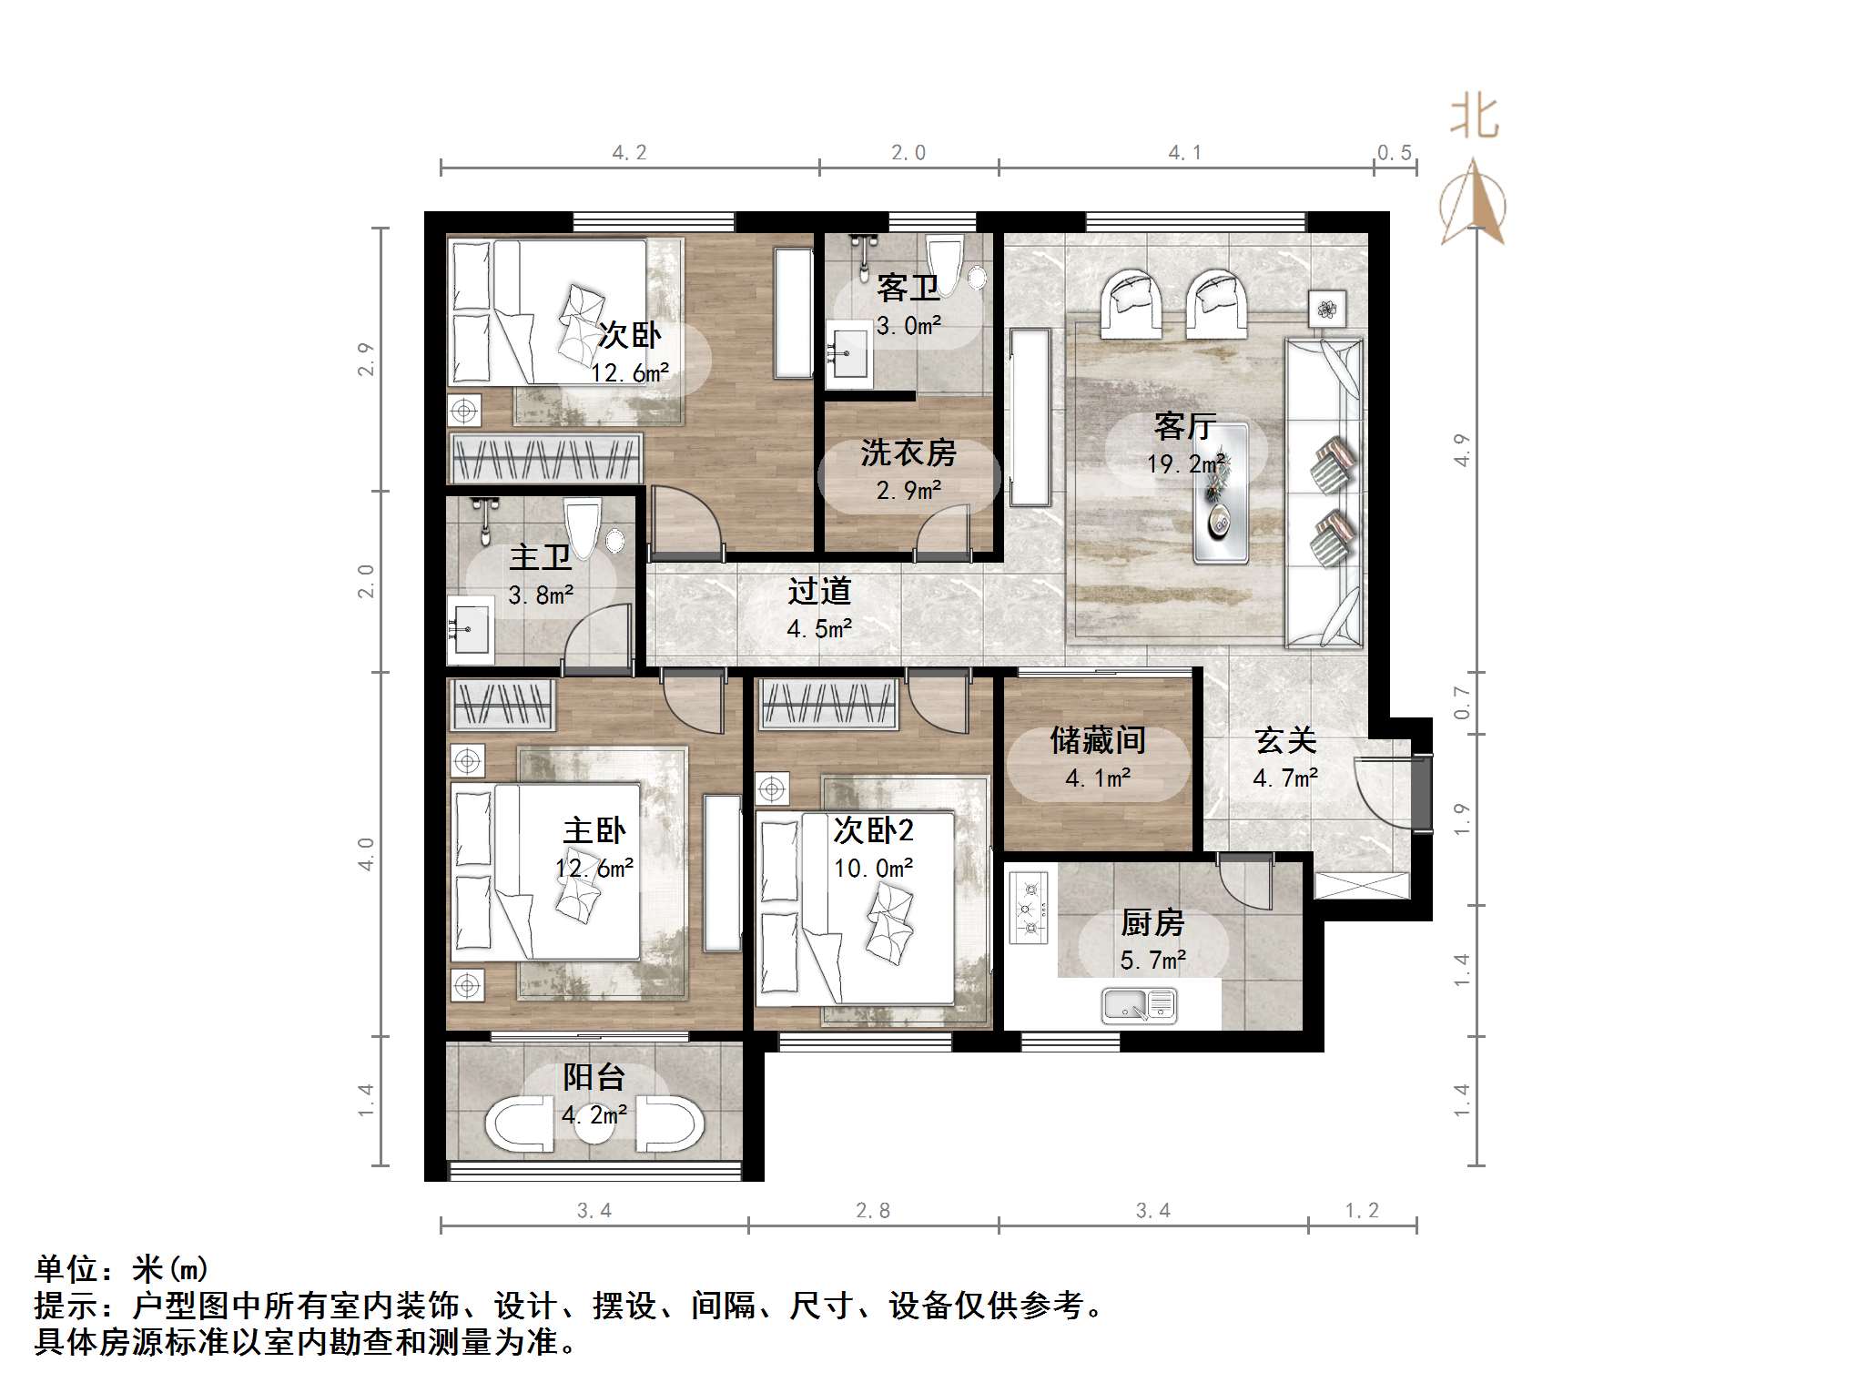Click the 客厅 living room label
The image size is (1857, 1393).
click(1184, 426)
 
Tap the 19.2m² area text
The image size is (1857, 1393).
click(1184, 464)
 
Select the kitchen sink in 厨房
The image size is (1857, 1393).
click(1139, 1006)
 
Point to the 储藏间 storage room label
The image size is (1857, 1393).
click(1098, 740)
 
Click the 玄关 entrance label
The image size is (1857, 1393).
click(1285, 740)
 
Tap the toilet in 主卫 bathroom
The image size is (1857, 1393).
click(582, 529)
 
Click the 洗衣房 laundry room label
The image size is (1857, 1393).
click(908, 452)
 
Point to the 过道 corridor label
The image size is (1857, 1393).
click(819, 592)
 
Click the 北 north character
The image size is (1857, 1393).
click(1474, 118)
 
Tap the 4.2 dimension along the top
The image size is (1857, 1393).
click(629, 153)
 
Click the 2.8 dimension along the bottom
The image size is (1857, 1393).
click(872, 1211)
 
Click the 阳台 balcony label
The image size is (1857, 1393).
click(594, 1077)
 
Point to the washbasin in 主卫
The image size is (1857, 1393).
click(470, 629)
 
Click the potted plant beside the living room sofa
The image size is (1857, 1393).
click(1327, 309)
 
